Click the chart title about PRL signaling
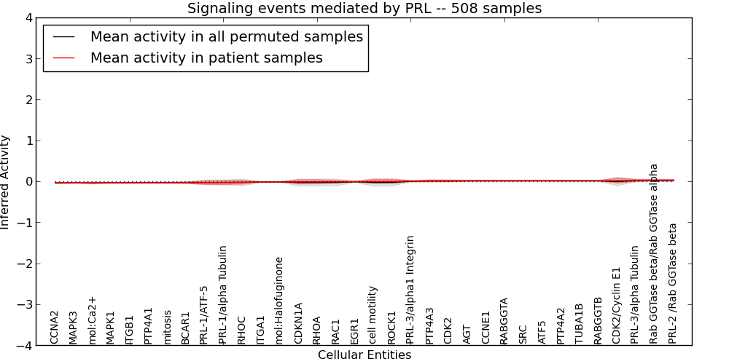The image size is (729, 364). coord(364,9)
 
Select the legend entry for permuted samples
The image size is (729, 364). coord(226,36)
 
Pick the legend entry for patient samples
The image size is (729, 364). coord(206,58)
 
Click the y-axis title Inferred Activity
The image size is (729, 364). coord(6,182)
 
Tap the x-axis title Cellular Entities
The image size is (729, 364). coord(364,355)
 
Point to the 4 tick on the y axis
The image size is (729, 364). coord(28,17)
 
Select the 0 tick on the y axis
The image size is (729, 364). coord(28,182)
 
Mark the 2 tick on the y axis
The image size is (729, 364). coord(28,100)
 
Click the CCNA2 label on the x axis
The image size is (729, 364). coord(55,327)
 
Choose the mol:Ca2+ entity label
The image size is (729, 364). coord(93,320)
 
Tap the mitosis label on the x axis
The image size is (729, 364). coord(168,326)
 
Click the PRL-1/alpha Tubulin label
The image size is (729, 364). coord(223,294)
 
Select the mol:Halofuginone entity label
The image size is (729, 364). coord(279,299)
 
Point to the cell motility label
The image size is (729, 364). coord(373,314)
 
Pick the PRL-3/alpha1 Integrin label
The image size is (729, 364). coord(410,289)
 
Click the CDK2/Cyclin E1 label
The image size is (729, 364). coord(617,305)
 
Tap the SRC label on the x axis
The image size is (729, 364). coord(523,333)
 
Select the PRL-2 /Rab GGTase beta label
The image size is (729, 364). coord(673,283)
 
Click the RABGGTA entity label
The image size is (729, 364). coord(504,320)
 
